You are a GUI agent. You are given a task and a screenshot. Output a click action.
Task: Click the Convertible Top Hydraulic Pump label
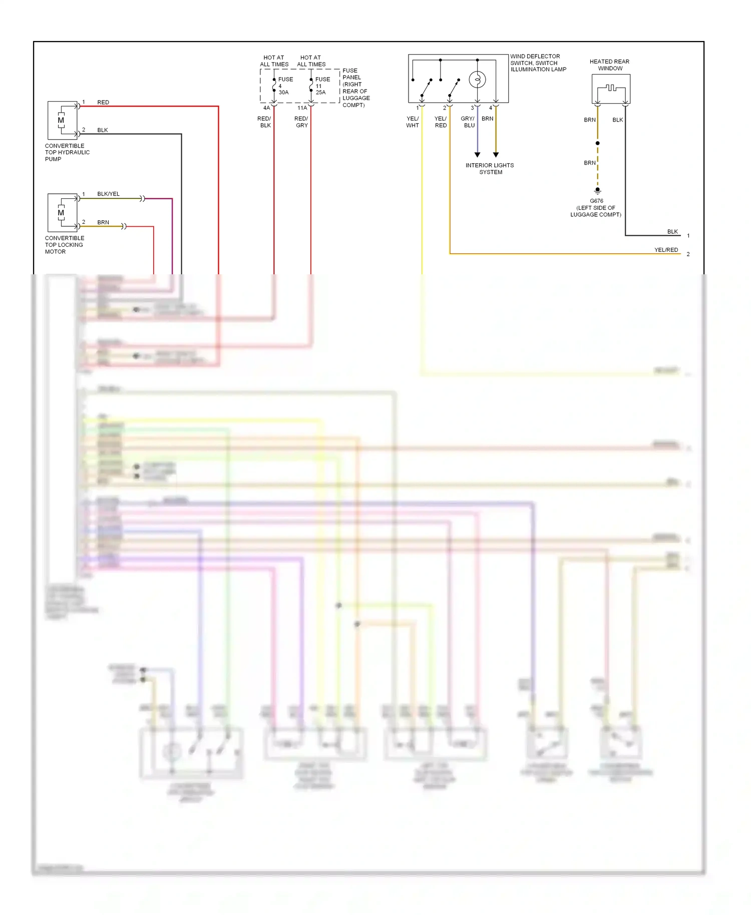pyautogui.click(x=67, y=152)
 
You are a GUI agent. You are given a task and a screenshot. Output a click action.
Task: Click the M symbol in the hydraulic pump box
pyautogui.click(x=61, y=120)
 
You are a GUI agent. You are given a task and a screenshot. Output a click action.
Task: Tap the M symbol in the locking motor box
pyautogui.click(x=61, y=213)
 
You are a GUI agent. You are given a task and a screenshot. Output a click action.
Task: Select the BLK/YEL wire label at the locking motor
pyautogui.click(x=108, y=194)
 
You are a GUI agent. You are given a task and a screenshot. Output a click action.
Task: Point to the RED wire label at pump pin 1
pyautogui.click(x=103, y=102)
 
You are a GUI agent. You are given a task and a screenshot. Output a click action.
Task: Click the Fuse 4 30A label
pyautogui.click(x=284, y=86)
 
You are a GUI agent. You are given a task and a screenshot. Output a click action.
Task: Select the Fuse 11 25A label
pyautogui.click(x=321, y=86)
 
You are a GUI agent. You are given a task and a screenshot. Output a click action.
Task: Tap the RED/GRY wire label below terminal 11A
pyautogui.click(x=301, y=122)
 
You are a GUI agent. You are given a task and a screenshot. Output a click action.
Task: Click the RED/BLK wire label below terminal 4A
pyautogui.click(x=264, y=122)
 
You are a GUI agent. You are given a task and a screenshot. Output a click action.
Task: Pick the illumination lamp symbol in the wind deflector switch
pyautogui.click(x=477, y=80)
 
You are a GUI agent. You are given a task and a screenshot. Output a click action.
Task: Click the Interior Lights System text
pyautogui.click(x=490, y=169)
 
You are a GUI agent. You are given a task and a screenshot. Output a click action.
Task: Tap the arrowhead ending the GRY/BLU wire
pyautogui.click(x=477, y=155)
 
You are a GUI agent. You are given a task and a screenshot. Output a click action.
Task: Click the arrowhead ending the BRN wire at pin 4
pyautogui.click(x=496, y=155)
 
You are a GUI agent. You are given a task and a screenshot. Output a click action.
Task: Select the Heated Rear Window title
pyautogui.click(x=609, y=65)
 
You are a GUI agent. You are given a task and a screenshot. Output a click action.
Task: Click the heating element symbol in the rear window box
pyautogui.click(x=611, y=88)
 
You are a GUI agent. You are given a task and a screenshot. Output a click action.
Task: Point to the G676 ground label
pyautogui.click(x=596, y=201)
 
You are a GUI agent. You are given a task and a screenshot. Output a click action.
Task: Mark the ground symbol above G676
pyautogui.click(x=597, y=191)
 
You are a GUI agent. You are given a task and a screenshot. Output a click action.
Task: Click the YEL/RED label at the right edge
pyautogui.click(x=666, y=250)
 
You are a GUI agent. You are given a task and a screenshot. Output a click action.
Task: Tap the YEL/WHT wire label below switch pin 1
pyautogui.click(x=413, y=122)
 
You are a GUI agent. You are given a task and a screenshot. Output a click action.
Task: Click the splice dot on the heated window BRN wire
pyautogui.click(x=597, y=143)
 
